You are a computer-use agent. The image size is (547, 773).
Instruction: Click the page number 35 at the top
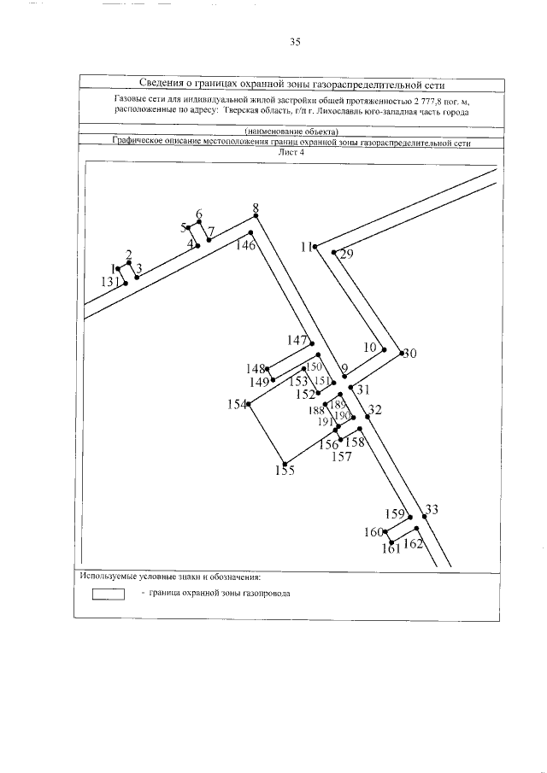(x=295, y=41)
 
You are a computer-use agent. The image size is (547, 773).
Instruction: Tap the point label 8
(x=255, y=208)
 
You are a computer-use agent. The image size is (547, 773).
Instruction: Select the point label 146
(x=246, y=246)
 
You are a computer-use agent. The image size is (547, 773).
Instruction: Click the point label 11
(x=306, y=247)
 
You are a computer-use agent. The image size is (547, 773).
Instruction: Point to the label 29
(x=346, y=254)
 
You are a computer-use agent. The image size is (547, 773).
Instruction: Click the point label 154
(x=237, y=404)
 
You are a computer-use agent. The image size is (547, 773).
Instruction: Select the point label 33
(x=432, y=510)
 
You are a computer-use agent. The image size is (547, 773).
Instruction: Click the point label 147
(x=297, y=340)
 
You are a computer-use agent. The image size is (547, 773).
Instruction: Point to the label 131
(x=111, y=282)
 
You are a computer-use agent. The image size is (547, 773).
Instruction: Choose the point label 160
(x=373, y=532)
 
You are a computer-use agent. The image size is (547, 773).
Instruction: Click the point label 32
(x=374, y=409)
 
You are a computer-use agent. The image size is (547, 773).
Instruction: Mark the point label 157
(x=341, y=456)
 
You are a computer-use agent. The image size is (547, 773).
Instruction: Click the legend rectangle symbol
(x=109, y=594)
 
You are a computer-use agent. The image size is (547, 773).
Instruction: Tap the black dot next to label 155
(x=284, y=464)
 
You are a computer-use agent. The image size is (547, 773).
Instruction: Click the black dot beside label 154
(x=250, y=405)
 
